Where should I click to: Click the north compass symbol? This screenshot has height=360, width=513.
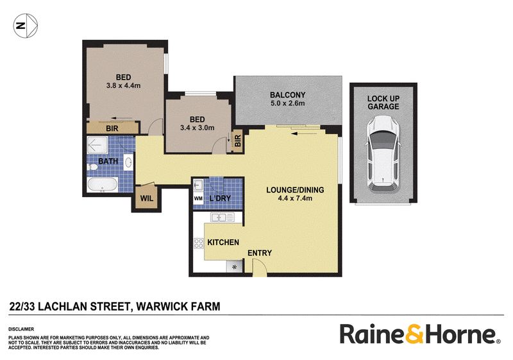[x=26, y=26]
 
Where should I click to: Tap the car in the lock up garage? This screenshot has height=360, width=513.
[x=383, y=154]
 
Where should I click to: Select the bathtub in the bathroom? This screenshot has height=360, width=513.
[x=103, y=185]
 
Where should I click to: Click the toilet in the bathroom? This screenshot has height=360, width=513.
[x=92, y=167]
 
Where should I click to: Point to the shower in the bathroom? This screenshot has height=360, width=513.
[x=97, y=145]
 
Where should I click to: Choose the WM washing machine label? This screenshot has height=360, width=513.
[x=198, y=198]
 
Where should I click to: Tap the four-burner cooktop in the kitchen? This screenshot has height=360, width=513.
[x=199, y=243]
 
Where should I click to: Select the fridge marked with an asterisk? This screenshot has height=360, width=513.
[x=235, y=267]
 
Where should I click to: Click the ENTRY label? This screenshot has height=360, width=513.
[x=260, y=253]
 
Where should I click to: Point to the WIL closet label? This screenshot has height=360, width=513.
[x=147, y=198]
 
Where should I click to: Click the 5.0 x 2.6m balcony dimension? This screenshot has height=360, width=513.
[x=287, y=103]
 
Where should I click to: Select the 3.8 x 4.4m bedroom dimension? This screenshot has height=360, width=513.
[x=123, y=86]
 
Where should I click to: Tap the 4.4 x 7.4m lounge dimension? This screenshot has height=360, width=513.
[x=295, y=198]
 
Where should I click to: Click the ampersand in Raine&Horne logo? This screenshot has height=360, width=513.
[x=414, y=334]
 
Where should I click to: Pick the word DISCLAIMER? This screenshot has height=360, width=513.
[x=21, y=329]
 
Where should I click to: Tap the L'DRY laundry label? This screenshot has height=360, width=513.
[x=220, y=198]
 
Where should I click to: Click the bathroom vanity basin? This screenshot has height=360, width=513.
[x=129, y=162]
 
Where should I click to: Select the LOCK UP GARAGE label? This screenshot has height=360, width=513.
[x=383, y=103]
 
